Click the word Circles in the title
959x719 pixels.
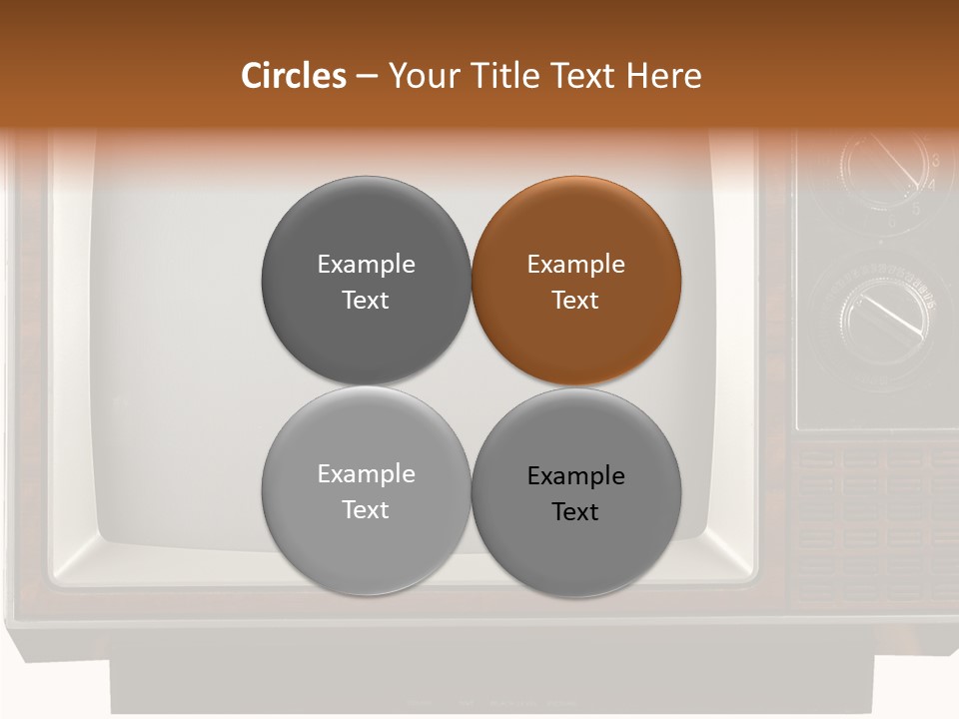click(x=293, y=76)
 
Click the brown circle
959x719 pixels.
click(x=576, y=281)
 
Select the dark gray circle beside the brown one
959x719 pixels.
click(x=366, y=281)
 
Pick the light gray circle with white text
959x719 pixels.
click(x=366, y=490)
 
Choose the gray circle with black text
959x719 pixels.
click(x=576, y=492)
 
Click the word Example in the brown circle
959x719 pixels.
click(x=576, y=264)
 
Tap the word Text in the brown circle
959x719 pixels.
click(x=576, y=300)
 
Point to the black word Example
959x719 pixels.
click(x=576, y=476)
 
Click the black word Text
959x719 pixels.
click(x=576, y=512)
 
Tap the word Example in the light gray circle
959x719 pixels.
click(x=366, y=473)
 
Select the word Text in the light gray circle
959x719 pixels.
click(x=366, y=509)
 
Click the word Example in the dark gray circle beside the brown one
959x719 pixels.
click(x=366, y=264)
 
